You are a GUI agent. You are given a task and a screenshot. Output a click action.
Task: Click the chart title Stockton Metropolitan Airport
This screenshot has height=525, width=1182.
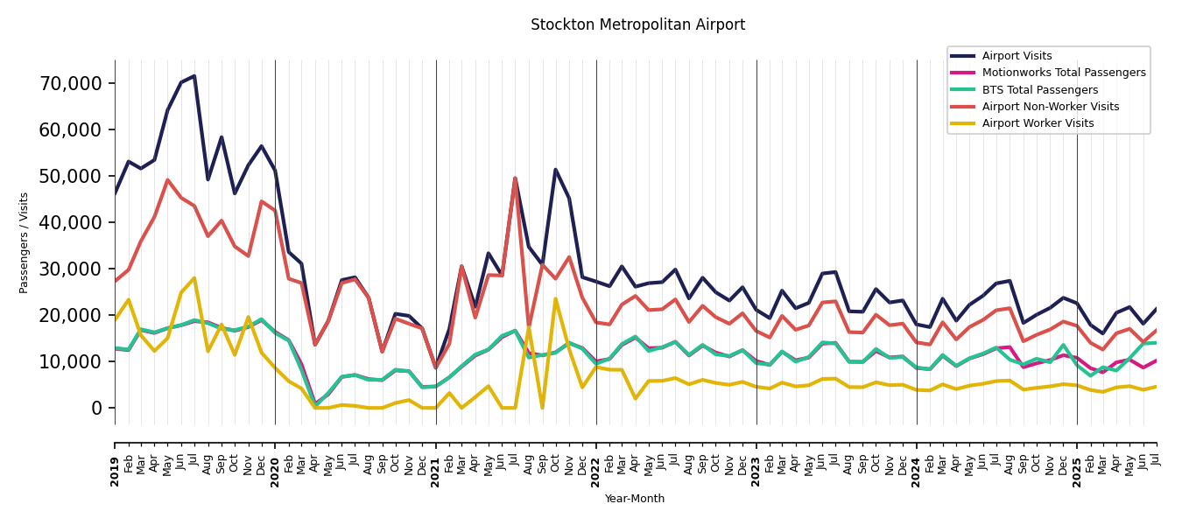pos(637,25)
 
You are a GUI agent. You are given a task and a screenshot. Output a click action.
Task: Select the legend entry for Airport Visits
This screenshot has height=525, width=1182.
pos(1017,56)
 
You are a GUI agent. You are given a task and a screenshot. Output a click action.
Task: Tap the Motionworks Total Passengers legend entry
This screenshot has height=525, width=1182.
pos(1063,73)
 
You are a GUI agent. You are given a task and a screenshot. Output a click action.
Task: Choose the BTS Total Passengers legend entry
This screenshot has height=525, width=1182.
pos(1039,90)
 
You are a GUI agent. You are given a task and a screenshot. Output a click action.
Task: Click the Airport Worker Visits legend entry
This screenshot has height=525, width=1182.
pos(1038,123)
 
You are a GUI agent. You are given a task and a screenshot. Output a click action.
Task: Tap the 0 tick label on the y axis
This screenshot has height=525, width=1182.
pos(96,409)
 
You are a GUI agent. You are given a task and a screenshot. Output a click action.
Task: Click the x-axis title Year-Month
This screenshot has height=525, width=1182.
pos(635,500)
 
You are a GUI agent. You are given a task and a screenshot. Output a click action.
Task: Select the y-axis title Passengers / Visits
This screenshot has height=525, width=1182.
pos(25,242)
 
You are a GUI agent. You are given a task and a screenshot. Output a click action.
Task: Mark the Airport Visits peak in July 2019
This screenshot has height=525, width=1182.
pos(194,76)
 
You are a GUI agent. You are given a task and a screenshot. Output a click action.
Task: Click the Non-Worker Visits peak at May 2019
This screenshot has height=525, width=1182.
pos(167,180)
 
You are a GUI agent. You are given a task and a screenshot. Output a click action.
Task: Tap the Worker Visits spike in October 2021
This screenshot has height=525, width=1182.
pos(555,299)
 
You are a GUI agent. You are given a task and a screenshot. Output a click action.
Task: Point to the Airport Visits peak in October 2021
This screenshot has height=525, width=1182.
pos(555,170)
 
